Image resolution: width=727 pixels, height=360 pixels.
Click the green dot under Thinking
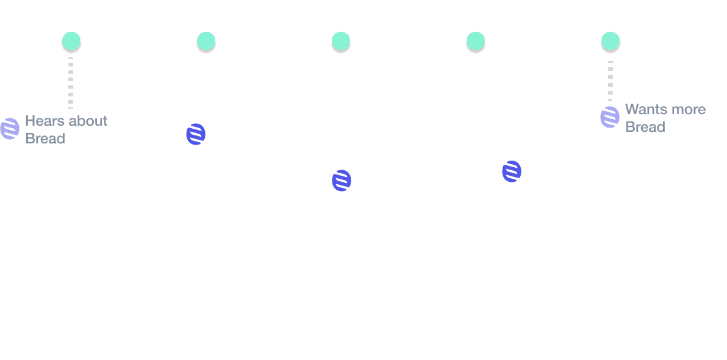click(71, 41)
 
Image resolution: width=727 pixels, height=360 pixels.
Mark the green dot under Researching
click(206, 41)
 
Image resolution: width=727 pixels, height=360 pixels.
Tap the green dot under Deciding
click(341, 41)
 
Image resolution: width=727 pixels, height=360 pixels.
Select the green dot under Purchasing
click(476, 41)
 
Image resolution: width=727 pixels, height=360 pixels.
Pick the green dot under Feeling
click(611, 41)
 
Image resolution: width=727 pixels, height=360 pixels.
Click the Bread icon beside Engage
click(196, 134)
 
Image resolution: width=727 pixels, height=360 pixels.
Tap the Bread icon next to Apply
click(342, 181)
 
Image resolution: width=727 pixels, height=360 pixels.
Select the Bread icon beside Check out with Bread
click(512, 171)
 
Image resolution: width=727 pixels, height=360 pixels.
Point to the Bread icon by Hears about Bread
click(10, 129)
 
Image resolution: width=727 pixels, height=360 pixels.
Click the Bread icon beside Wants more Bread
click(610, 117)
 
